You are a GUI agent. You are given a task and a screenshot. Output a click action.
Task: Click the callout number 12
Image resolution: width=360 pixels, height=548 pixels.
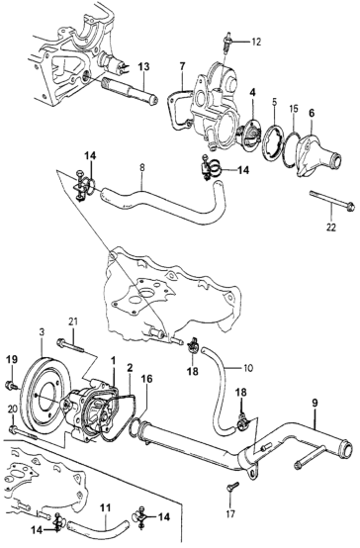click(x=256, y=42)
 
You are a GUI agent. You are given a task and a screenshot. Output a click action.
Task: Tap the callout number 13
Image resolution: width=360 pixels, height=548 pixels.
click(x=143, y=66)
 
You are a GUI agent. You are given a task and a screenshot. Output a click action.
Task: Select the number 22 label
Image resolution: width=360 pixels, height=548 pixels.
click(x=331, y=228)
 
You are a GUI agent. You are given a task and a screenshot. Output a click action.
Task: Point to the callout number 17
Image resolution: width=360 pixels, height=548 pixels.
click(x=230, y=513)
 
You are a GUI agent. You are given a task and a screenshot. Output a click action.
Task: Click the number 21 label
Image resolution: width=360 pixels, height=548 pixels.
click(x=74, y=320)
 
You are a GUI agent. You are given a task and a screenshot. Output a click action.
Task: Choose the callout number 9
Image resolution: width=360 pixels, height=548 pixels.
click(x=315, y=403)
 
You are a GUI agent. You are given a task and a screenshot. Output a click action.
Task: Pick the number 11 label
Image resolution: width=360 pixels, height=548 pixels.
click(x=105, y=507)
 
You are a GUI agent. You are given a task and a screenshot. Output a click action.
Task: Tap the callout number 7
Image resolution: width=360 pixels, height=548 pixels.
click(x=182, y=66)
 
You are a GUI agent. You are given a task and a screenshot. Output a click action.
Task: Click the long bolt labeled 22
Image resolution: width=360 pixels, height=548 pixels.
click(x=332, y=201)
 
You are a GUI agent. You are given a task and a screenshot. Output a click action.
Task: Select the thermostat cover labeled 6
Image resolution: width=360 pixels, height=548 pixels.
click(x=316, y=156)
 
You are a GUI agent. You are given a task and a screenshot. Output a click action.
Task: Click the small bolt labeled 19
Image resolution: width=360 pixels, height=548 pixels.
click(x=11, y=386)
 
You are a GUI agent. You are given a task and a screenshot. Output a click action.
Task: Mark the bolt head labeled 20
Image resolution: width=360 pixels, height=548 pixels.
click(x=13, y=429)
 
